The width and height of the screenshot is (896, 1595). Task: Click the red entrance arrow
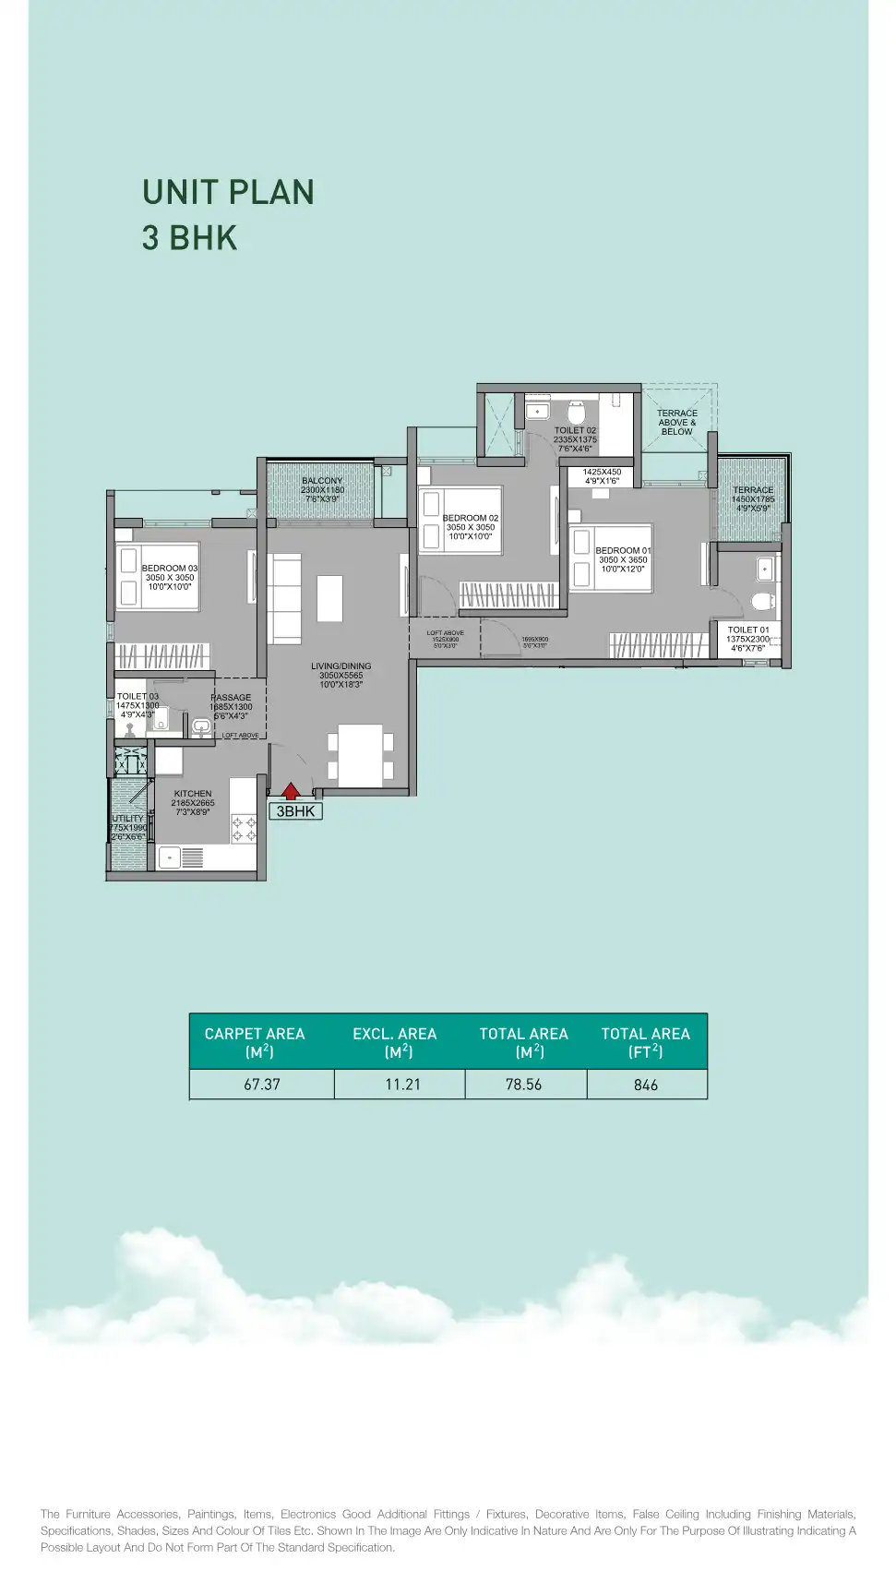click(x=291, y=790)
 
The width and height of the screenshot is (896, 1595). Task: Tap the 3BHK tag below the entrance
click(x=295, y=811)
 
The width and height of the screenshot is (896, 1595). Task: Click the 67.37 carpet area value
click(x=262, y=1085)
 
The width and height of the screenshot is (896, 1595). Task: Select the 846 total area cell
click(x=646, y=1085)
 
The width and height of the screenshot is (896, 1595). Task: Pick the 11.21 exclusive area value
click(x=402, y=1085)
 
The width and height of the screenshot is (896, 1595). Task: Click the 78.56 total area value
click(x=523, y=1085)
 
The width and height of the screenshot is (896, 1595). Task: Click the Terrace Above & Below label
click(x=677, y=422)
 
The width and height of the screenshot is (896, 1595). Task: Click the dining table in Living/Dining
click(x=361, y=755)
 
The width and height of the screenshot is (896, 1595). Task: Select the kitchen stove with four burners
click(x=244, y=828)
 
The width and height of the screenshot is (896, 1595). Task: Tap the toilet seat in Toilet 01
click(x=762, y=602)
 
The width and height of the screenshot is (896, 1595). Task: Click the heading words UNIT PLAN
click(x=228, y=192)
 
